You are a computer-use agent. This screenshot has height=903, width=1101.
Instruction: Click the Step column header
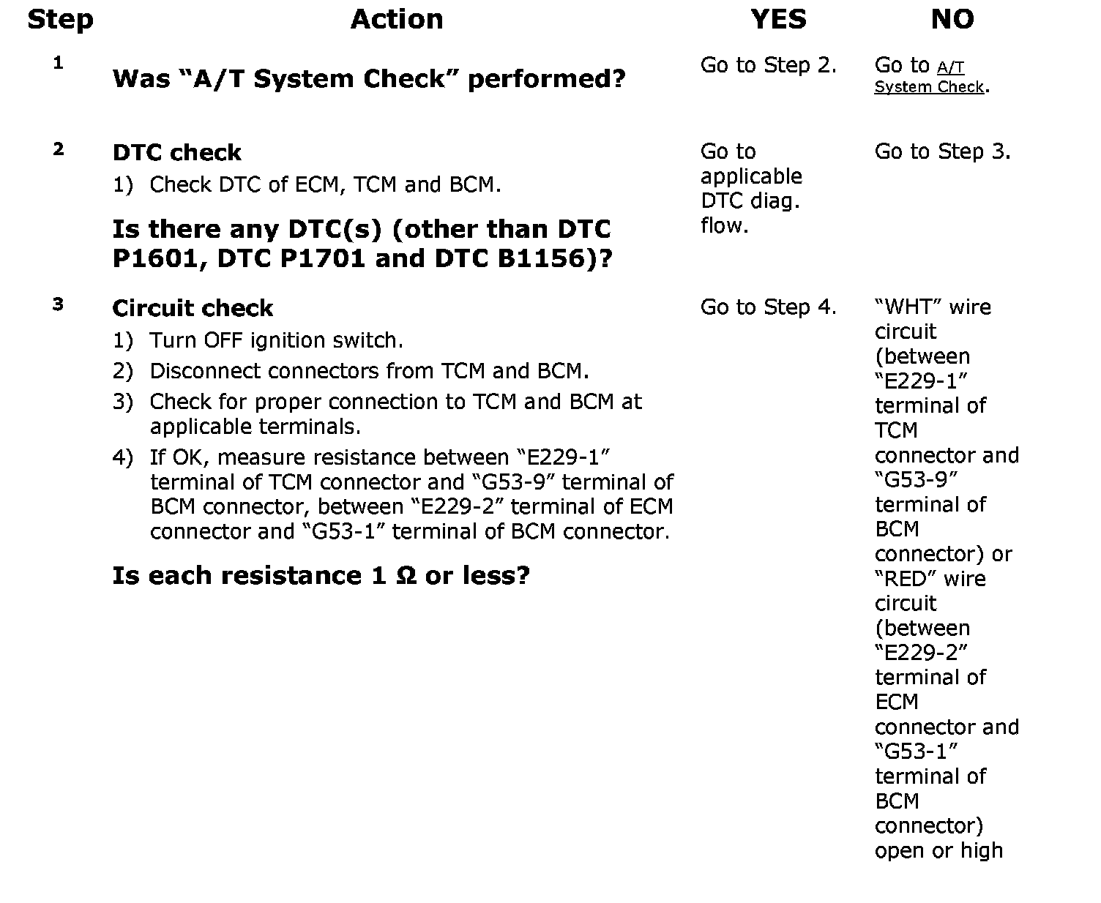(x=60, y=19)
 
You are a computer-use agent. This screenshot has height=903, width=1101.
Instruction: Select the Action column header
(x=397, y=19)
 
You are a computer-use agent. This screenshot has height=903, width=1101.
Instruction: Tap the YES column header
(x=778, y=19)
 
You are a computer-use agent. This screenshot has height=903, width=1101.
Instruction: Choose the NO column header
(x=952, y=19)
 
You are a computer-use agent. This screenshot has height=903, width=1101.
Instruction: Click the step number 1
(x=58, y=63)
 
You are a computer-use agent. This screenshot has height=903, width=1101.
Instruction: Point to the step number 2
(x=59, y=149)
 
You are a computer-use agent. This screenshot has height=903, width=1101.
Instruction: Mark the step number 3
(x=59, y=304)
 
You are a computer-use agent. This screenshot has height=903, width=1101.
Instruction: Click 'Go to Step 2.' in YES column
(x=768, y=65)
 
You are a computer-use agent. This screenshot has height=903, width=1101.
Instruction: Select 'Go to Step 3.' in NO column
(x=942, y=151)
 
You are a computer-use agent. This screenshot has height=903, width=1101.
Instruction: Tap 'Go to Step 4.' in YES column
(x=768, y=307)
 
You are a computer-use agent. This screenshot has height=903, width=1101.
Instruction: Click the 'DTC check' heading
(x=176, y=152)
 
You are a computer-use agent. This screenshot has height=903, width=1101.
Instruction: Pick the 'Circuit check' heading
(x=193, y=308)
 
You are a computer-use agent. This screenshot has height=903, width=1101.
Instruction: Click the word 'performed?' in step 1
(x=546, y=78)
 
